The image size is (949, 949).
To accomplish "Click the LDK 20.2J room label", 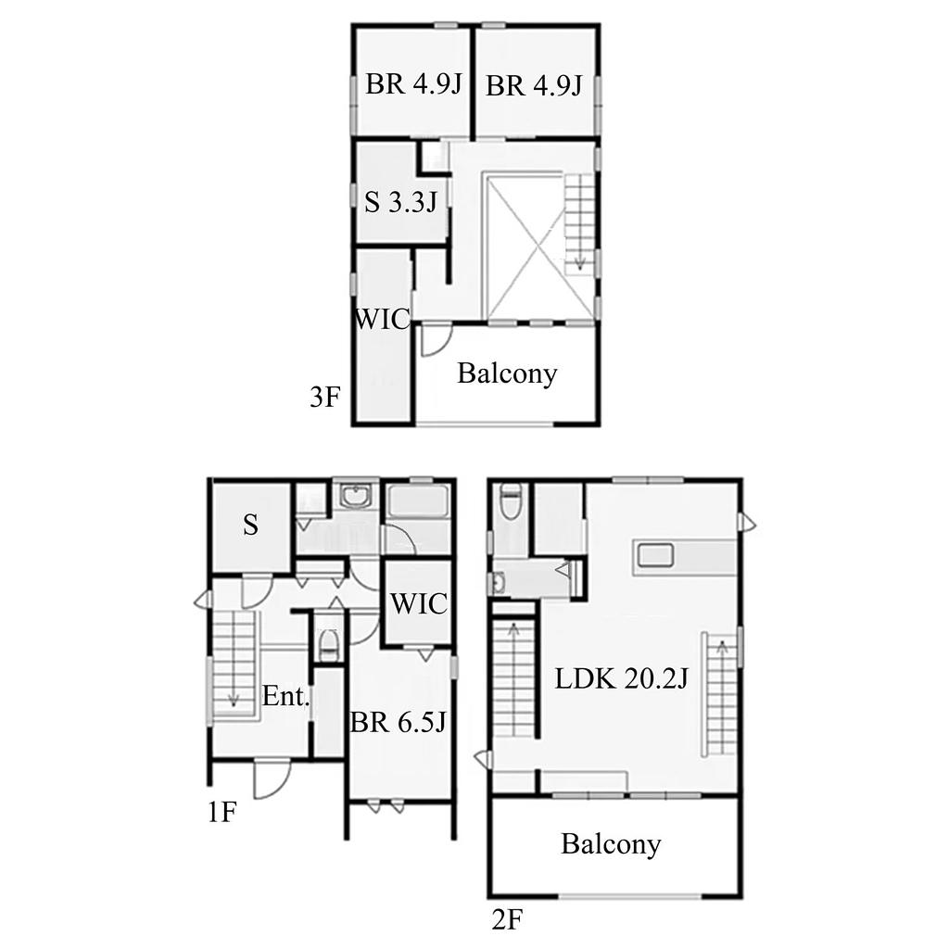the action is tap(622, 679).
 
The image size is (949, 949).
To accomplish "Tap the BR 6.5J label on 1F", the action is tap(399, 721).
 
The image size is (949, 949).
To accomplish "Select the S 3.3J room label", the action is tap(400, 202).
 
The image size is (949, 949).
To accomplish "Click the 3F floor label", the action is tap(325, 398).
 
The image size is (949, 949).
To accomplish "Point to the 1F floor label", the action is tap(221, 812).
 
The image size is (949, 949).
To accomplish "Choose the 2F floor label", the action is tap(507, 920).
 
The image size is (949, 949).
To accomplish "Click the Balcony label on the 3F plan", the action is tap(507, 373).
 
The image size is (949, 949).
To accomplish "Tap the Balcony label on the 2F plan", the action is tap(611, 843).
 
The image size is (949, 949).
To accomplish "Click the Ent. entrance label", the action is tap(285, 697).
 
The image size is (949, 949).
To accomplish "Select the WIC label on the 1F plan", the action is tap(419, 603).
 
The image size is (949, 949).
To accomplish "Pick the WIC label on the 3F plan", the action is tap(383, 319).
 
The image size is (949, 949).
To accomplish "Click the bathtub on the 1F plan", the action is tap(419, 501).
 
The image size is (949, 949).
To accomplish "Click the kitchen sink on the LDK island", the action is tap(653, 556).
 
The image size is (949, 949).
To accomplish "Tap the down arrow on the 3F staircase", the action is tap(580, 262).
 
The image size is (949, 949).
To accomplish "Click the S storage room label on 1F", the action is tap(250, 525).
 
